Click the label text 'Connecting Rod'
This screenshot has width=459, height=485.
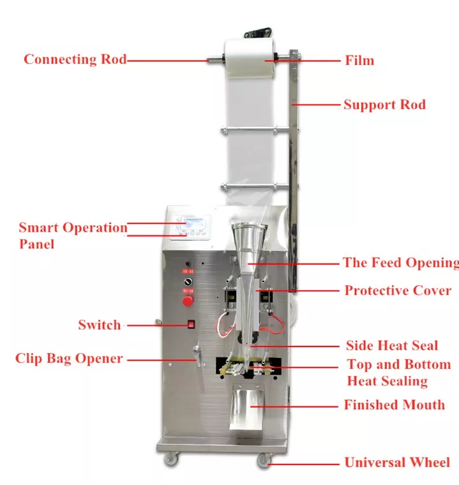coord(75,59)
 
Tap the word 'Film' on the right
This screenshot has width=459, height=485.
coord(359,61)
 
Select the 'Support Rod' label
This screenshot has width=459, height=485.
coord(384,105)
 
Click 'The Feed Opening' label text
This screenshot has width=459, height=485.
coord(400,262)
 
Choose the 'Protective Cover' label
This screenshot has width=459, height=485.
coord(398,290)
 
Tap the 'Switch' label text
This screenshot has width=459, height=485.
coord(99,324)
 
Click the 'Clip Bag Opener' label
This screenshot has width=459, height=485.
coord(69,358)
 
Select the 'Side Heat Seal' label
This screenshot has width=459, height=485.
coord(392,345)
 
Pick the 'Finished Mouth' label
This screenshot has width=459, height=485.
coord(394,405)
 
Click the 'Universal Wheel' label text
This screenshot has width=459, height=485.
coord(397,463)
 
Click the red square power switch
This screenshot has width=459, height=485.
coord(190,324)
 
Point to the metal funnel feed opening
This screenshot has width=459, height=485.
coord(248,246)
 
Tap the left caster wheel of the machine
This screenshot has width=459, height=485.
coord(172,460)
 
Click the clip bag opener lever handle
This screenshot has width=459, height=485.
coord(197,357)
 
